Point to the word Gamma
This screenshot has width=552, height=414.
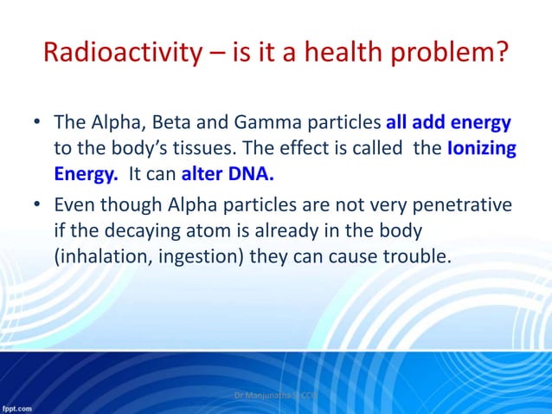(x=257, y=123)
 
